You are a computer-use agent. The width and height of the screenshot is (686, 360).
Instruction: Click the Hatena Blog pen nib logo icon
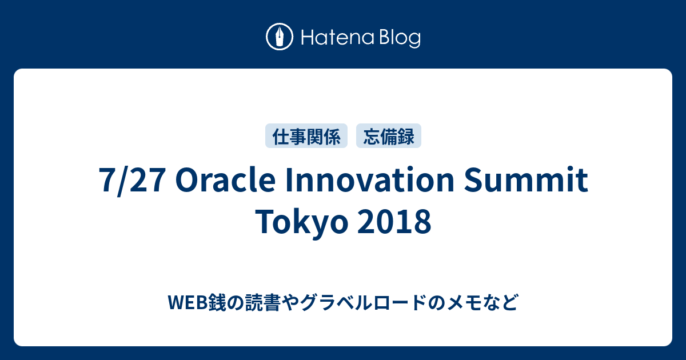[280, 37]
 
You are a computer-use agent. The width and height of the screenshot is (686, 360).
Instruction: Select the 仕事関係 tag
[306, 136]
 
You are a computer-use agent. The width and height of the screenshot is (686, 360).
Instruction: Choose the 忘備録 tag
[389, 136]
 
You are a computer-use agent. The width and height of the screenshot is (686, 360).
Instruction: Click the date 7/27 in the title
[133, 180]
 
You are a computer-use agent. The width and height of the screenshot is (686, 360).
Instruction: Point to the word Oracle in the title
[225, 179]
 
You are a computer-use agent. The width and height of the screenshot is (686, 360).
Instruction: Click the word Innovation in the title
[370, 179]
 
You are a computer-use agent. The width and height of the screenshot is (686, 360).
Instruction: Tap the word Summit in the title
[526, 179]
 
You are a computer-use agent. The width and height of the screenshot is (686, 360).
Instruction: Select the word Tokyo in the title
[301, 222]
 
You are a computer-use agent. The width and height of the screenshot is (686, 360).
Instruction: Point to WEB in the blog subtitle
[188, 302]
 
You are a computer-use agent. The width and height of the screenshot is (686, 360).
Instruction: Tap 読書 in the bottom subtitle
[263, 302]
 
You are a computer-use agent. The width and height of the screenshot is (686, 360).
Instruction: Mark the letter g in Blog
[414, 41]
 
